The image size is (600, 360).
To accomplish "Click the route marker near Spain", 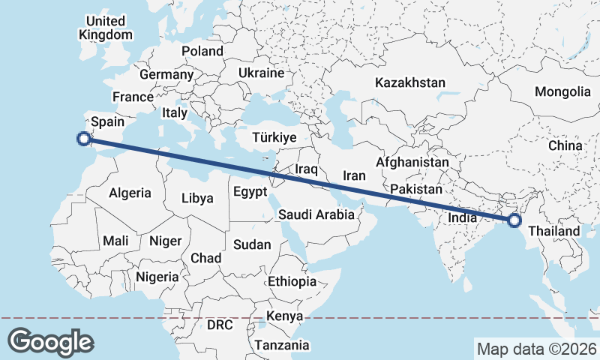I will click(x=85, y=137).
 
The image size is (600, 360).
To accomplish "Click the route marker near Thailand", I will click(x=514, y=220).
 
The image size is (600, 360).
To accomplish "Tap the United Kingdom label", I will click(x=106, y=28).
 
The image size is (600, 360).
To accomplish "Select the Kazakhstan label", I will click(x=411, y=82).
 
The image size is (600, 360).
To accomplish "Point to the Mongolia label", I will click(x=562, y=91).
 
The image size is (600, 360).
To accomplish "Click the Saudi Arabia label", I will click(x=316, y=214).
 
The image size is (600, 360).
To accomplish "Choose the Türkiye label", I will click(x=274, y=138).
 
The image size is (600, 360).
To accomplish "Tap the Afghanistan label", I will click(x=412, y=162).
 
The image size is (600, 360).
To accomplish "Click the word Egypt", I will click(x=250, y=191).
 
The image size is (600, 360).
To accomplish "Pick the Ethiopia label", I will click(x=292, y=282).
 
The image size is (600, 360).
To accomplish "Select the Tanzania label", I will click(x=281, y=345).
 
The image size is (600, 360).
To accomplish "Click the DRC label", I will click(x=220, y=325).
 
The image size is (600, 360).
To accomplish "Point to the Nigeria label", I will click(x=157, y=277).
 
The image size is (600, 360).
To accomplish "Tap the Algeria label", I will click(x=130, y=193).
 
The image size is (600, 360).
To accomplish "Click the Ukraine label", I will click(x=261, y=73).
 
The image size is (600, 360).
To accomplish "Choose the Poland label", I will click(x=202, y=51).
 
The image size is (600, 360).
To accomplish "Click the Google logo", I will click(x=51, y=342).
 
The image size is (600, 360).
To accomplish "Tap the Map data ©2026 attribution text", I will click(x=537, y=349).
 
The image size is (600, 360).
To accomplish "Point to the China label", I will click(x=565, y=145).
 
